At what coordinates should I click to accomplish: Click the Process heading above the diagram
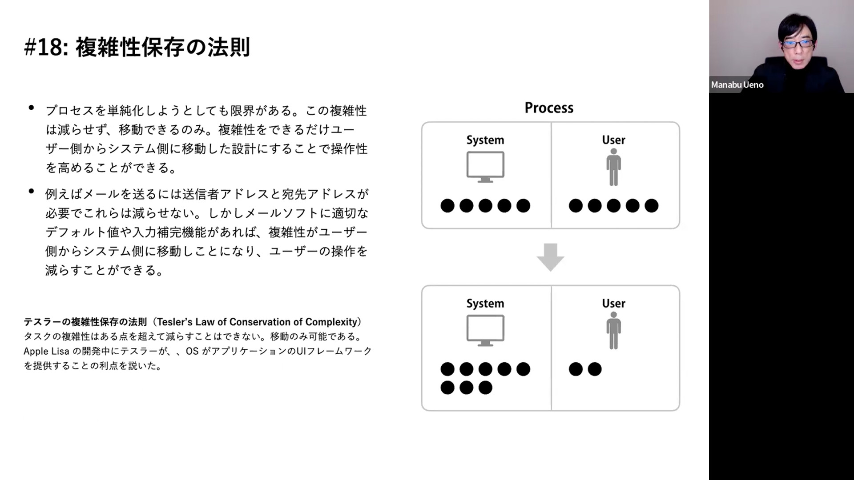549,108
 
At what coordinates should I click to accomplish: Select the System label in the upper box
485,140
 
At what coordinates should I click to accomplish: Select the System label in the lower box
485,304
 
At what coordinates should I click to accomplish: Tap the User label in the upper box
613,140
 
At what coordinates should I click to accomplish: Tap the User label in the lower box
613,304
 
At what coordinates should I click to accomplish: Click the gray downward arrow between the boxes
550,257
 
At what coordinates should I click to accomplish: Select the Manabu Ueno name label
737,85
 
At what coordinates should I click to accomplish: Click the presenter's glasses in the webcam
798,44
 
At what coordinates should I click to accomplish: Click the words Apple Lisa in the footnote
46,351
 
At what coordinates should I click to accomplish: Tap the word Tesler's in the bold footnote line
175,322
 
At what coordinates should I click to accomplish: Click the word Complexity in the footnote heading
331,322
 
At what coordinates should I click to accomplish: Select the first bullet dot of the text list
31,108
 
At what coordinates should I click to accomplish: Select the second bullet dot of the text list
31,191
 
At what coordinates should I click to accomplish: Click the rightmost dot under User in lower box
594,369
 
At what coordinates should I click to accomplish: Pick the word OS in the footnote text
192,351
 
